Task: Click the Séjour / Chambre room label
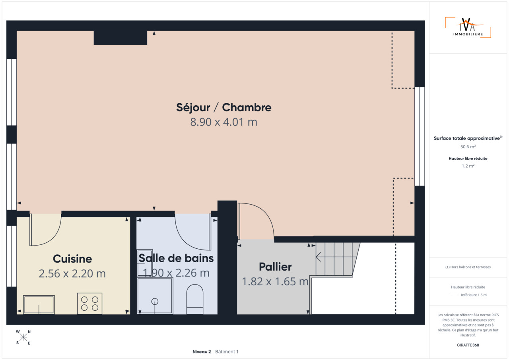[224, 108]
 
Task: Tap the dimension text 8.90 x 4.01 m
[224, 122]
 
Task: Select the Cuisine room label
[72, 259]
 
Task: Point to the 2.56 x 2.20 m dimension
[72, 273]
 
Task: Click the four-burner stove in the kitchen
[89, 304]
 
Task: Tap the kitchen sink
[39, 305]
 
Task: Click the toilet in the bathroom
[195, 299]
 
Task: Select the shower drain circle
[155, 302]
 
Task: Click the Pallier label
[275, 267]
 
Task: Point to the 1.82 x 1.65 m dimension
[275, 281]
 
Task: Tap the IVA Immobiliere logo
[468, 27]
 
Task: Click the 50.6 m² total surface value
[468, 147]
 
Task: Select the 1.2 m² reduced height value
[468, 166]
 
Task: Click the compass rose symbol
[23, 337]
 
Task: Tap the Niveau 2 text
[202, 352]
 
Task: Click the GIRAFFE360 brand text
[468, 345]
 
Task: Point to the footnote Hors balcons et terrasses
[468, 267]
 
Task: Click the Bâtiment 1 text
[227, 352]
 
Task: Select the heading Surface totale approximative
[468, 138]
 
